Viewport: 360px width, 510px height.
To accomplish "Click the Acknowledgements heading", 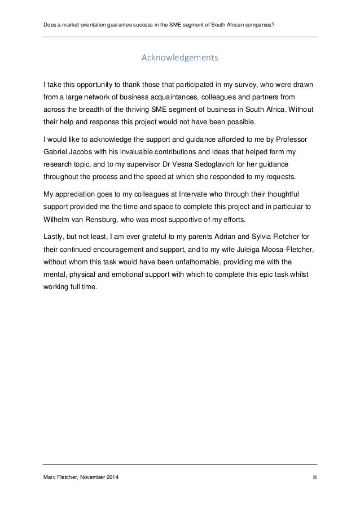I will click(x=179, y=58).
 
